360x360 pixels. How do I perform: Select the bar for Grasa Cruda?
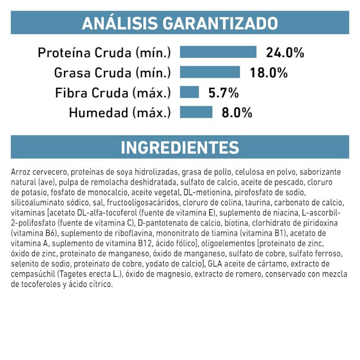(x=209, y=73)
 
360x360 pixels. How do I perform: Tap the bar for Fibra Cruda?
(x=189, y=92)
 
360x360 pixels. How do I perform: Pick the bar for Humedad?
(x=196, y=112)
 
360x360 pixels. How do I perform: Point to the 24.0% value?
(x=285, y=53)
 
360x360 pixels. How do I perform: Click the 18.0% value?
(x=269, y=73)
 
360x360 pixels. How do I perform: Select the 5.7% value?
(x=223, y=92)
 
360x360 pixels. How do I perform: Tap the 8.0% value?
(x=237, y=112)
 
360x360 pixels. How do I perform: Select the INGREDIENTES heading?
(x=180, y=147)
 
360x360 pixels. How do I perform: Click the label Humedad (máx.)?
(x=119, y=112)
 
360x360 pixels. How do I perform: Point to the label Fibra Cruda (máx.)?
(x=112, y=92)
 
